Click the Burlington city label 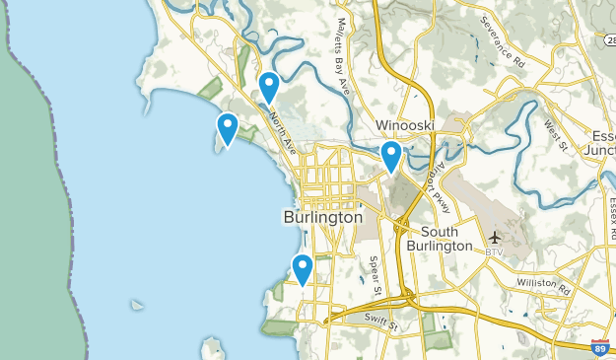point(322,217)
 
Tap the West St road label point(557,136)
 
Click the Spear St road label point(375,276)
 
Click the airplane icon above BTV point(495,238)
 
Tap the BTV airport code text point(494,252)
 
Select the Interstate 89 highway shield point(599,347)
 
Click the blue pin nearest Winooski point(391,156)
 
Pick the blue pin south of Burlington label point(303,267)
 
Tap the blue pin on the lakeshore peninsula point(228,127)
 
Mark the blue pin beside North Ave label point(268,86)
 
